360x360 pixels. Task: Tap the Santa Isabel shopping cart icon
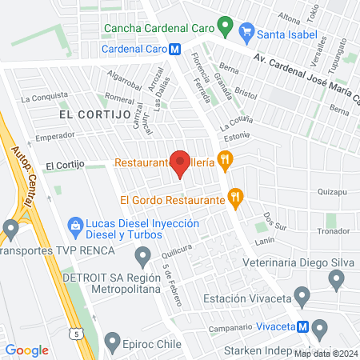click(246, 34)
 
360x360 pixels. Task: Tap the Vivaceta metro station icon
click(302, 326)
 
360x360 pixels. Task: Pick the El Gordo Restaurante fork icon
click(235, 196)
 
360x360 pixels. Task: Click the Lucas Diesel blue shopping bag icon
click(76, 226)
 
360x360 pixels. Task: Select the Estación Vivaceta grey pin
click(302, 298)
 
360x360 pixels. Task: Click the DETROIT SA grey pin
click(142, 257)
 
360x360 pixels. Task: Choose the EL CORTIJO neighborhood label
click(94, 115)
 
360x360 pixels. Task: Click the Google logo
click(27, 350)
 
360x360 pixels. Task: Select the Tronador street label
click(334, 231)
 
